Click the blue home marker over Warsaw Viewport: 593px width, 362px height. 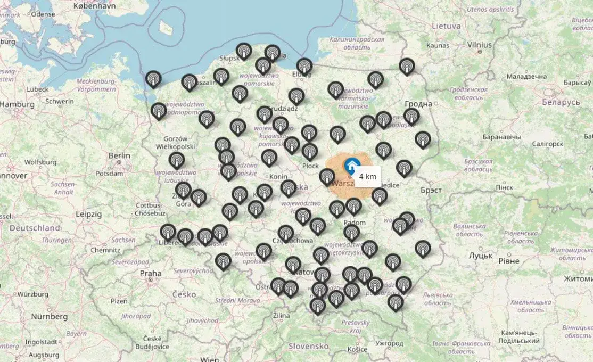click(351, 164)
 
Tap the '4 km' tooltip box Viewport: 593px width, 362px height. click(367, 176)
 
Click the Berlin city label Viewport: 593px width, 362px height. click(119, 155)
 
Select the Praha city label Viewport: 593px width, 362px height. click(150, 274)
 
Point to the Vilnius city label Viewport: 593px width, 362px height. click(479, 45)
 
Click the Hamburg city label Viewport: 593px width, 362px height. click(17, 105)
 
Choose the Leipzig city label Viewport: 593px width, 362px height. click(88, 213)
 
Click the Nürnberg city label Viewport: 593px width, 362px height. click(49, 316)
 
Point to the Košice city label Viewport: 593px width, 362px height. click(357, 349)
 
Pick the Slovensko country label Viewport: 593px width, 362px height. click(308, 345)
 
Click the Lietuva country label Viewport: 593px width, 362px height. click(446, 25)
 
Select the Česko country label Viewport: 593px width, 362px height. click(184, 294)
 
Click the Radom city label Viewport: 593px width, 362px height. click(355, 223)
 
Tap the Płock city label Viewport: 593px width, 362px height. click(310, 166)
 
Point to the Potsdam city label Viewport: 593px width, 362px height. click(110, 174)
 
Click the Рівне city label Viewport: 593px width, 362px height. click(509, 260)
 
